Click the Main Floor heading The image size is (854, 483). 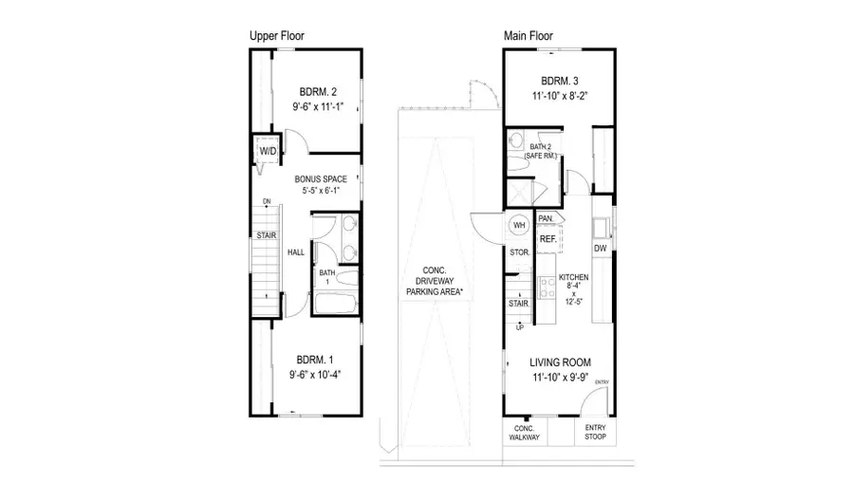click(x=529, y=36)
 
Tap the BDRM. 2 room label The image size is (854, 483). click(x=316, y=92)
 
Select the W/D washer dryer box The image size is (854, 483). click(x=267, y=152)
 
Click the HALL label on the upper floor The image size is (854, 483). click(x=296, y=252)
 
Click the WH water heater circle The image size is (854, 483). click(x=519, y=225)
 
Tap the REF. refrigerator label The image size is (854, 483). click(x=548, y=240)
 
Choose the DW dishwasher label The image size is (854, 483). click(x=600, y=249)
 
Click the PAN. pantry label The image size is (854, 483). click(x=546, y=218)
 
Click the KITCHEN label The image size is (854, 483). click(x=574, y=277)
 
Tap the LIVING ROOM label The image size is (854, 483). click(x=560, y=362)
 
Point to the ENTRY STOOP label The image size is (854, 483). click(x=595, y=433)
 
